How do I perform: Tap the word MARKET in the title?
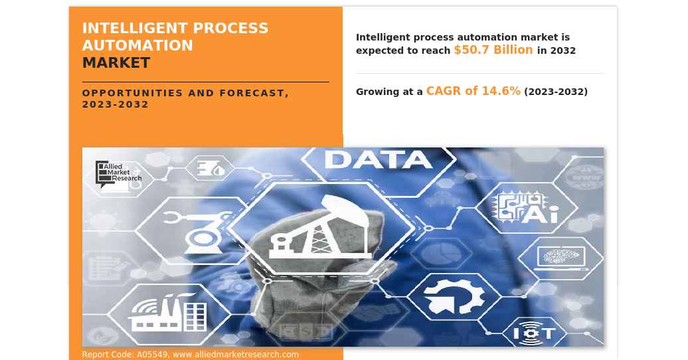(116, 63)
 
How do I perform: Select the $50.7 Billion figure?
(493, 50)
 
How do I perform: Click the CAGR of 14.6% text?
(473, 91)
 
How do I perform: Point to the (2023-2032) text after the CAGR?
(556, 92)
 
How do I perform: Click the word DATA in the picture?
(379, 160)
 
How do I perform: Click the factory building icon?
(167, 312)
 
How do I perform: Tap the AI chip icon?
(526, 208)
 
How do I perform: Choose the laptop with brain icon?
(560, 256)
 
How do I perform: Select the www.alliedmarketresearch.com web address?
(236, 355)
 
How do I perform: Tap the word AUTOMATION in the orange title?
(137, 46)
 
